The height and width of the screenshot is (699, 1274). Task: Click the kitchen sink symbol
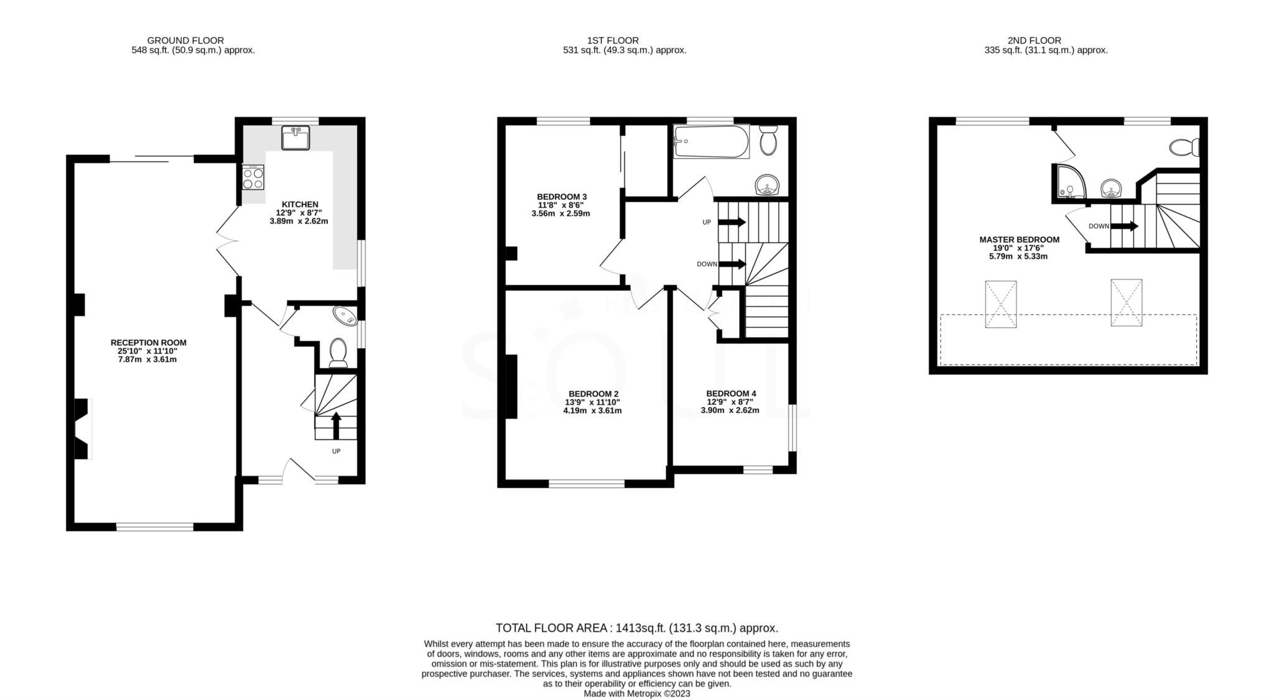[295, 137]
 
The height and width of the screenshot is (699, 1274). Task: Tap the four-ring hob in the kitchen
[253, 178]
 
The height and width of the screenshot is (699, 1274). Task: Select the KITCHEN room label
[300, 205]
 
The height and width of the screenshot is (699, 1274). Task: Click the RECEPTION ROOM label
[148, 343]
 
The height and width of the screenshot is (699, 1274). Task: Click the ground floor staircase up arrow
[336, 425]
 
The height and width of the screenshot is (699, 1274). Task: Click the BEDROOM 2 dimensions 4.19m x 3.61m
[592, 410]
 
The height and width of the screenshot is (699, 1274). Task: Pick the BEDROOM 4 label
[731, 394]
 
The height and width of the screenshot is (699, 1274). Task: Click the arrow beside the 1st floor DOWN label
[732, 264]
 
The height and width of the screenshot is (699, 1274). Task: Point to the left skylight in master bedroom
[1000, 304]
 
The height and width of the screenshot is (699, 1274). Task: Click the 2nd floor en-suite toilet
[1184, 148]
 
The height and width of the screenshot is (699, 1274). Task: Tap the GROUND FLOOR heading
[185, 40]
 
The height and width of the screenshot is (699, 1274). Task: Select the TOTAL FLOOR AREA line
[636, 628]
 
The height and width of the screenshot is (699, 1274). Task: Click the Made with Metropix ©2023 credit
[636, 693]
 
